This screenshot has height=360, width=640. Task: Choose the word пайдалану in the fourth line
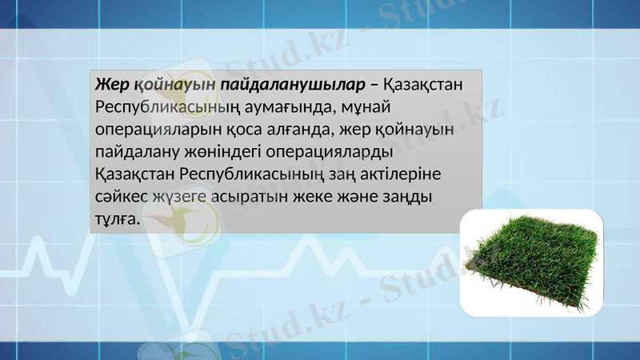pyautogui.click(x=136, y=151)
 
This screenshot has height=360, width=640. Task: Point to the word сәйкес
pyautogui.click(x=120, y=196)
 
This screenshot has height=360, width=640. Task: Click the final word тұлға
pyautogui.click(x=117, y=218)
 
